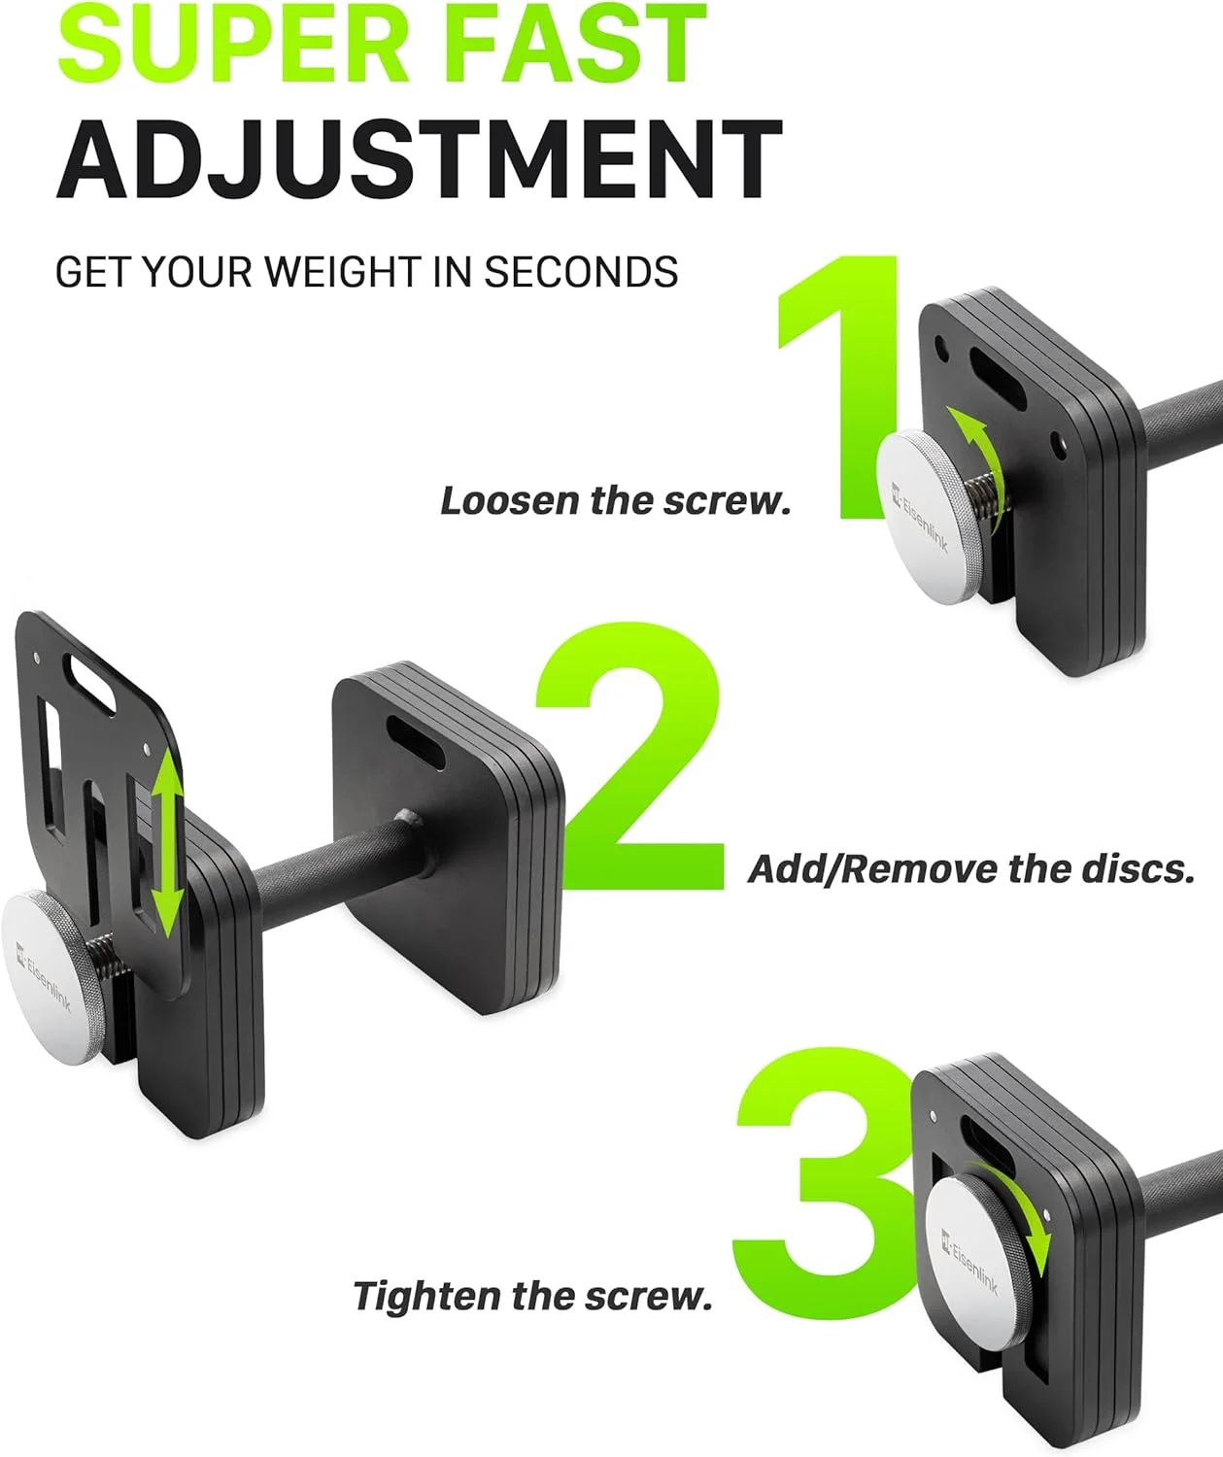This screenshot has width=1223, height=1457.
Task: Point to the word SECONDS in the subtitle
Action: coord(581,272)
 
